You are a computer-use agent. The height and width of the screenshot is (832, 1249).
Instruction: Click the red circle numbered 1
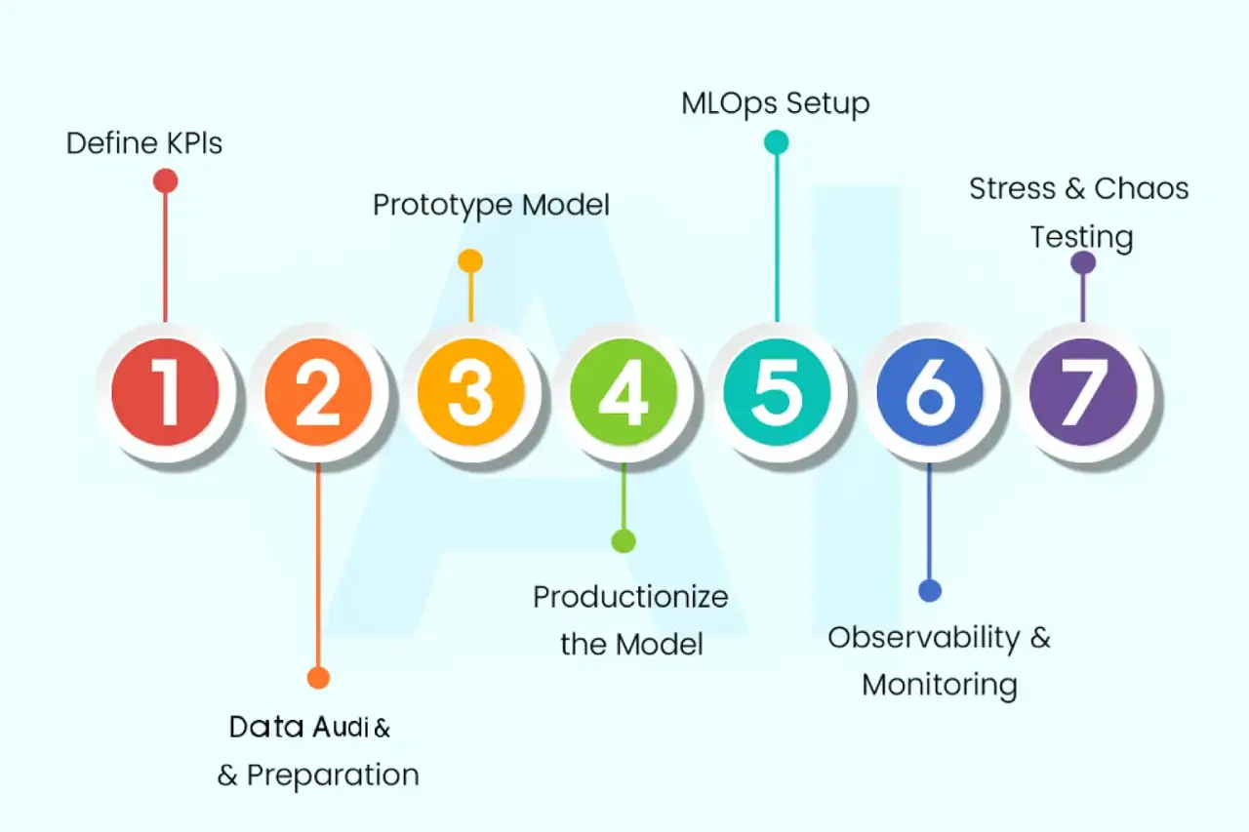[165, 393]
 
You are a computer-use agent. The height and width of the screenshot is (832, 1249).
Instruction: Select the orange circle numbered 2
[318, 393]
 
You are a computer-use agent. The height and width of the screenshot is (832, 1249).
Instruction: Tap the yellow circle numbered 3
[470, 393]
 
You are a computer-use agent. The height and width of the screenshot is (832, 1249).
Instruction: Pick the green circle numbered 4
[624, 393]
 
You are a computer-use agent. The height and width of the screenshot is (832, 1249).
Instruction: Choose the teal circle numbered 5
[777, 393]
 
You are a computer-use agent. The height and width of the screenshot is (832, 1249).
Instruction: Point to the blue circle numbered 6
[929, 393]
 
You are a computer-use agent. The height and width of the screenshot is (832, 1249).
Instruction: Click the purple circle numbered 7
[1082, 393]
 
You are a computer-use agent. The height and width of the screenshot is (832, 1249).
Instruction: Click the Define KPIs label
[144, 144]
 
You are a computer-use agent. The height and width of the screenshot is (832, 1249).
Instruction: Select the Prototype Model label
[491, 206]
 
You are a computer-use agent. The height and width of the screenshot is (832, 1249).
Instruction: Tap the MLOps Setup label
[776, 103]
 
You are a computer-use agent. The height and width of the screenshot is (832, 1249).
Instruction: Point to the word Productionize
[630, 597]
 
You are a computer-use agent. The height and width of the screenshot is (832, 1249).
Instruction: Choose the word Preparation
[333, 775]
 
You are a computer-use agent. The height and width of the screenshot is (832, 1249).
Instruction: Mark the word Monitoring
[939, 684]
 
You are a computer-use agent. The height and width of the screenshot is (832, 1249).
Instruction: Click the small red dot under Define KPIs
[165, 180]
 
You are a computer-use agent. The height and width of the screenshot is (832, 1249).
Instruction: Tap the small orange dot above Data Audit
[318, 678]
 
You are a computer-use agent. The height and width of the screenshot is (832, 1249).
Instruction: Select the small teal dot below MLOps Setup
[777, 143]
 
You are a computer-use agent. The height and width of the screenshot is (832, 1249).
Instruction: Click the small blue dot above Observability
[930, 590]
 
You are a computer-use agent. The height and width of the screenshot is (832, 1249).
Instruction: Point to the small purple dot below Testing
[1082, 262]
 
